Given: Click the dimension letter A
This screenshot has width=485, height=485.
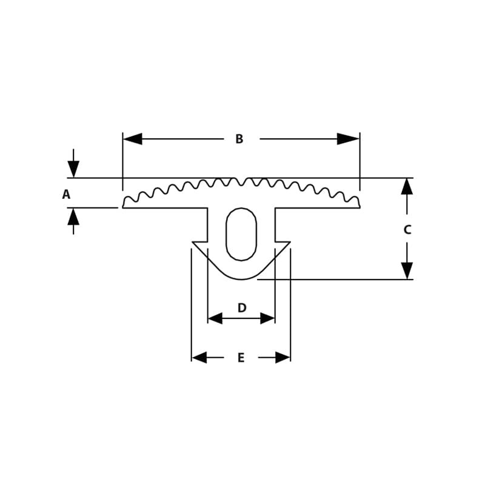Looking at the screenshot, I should tap(66, 195).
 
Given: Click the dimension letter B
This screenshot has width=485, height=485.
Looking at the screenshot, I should tap(239, 139).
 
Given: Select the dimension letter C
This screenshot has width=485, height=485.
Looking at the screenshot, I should tap(407, 230).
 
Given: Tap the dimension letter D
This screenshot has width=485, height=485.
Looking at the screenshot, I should tap(241, 308).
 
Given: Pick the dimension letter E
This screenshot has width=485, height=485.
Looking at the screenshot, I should tap(241, 358).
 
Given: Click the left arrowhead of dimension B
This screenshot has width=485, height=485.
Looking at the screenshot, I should tap(132, 139).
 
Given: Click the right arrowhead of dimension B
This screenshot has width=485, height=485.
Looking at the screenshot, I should tap(349, 139).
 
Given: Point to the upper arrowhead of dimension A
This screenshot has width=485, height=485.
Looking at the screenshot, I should tap(73, 169).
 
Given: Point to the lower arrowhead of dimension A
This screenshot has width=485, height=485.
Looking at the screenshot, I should tap(73, 216).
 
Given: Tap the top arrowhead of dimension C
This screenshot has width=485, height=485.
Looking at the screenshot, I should tap(407, 186).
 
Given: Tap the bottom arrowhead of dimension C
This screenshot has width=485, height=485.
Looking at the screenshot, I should tap(407, 270).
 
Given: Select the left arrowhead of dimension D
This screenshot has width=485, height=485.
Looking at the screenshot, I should tap(215, 318).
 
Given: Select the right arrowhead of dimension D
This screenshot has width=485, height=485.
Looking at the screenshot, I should tap(268, 318).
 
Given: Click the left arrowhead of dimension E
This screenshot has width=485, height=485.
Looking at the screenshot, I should tap(199, 358).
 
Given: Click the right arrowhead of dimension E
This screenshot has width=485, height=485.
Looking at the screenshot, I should tap(283, 358).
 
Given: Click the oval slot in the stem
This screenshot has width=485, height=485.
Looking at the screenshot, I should tap(241, 234).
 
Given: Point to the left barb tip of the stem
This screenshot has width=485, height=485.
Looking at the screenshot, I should tap(193, 242).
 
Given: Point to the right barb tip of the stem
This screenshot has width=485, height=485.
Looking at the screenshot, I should tap(289, 242).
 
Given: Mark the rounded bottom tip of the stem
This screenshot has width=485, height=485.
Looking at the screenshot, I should tap(241, 279).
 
